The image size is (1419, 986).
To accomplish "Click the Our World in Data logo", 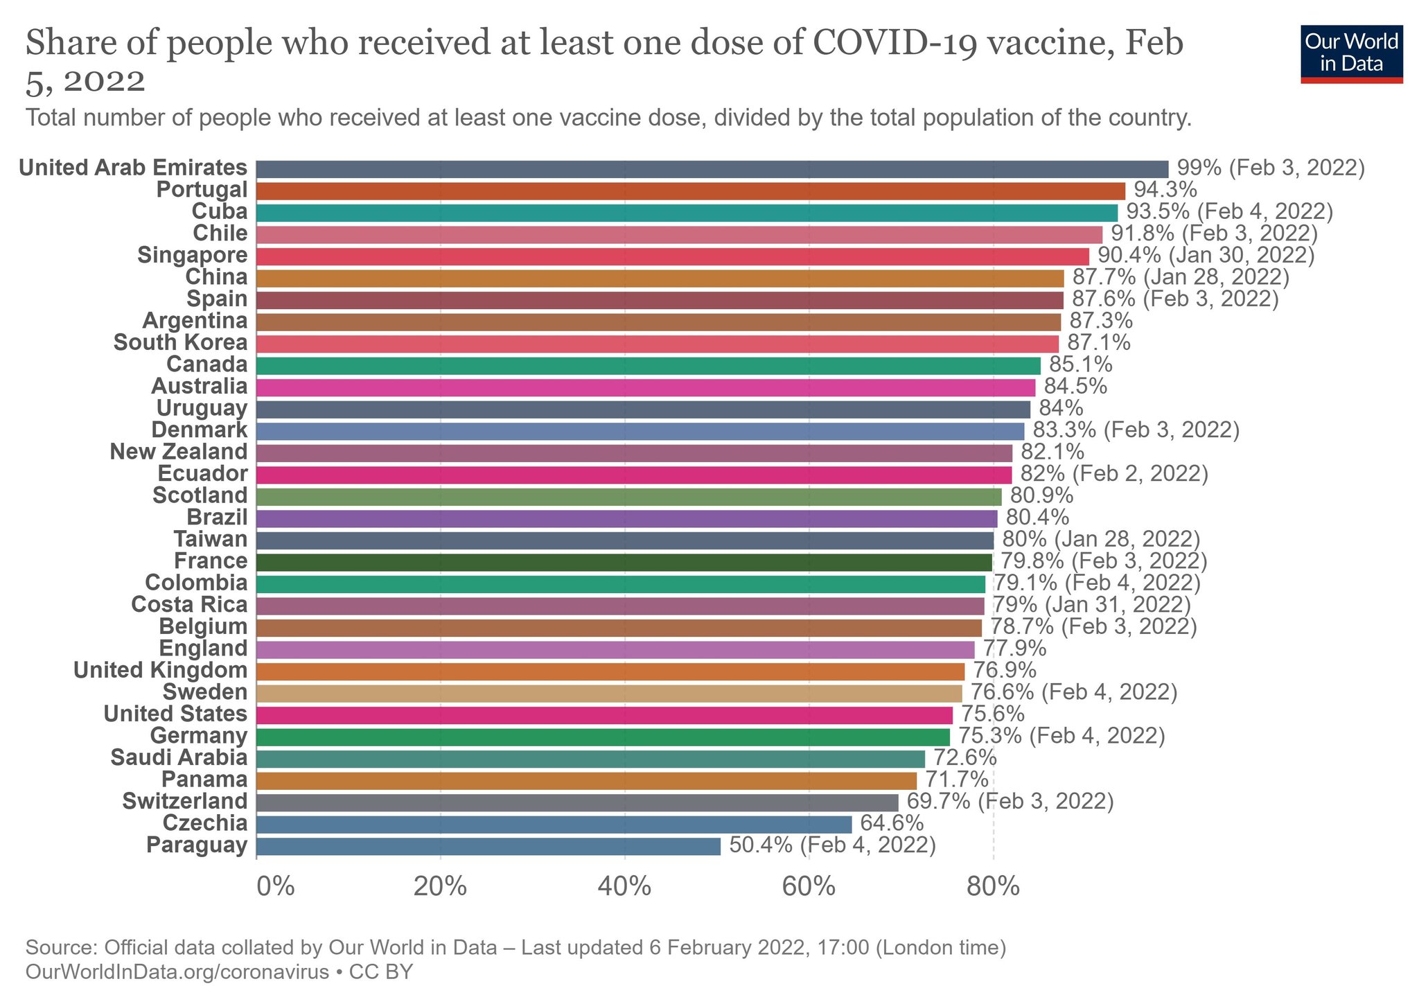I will [1351, 54].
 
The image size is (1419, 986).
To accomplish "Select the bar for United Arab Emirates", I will [712, 169].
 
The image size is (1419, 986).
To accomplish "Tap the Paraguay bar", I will [488, 846].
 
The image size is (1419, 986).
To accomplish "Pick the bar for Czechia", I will [553, 824].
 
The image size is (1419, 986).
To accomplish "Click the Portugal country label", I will [202, 190].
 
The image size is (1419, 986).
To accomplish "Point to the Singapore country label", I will [192, 255].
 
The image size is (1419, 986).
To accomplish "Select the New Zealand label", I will [178, 452].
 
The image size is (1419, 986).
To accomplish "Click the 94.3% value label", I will [1165, 190].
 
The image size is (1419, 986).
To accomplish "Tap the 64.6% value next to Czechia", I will [892, 823].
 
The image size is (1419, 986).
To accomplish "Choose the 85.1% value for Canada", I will [1080, 364].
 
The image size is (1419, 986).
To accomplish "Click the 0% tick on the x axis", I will [275, 886].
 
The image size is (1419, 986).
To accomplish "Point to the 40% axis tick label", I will [624, 886].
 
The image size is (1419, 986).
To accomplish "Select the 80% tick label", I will [993, 886].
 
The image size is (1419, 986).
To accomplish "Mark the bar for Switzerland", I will [576, 802].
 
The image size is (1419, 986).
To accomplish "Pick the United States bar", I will [603, 715].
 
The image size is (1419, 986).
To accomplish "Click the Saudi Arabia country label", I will [179, 758].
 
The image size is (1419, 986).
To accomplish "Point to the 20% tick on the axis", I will [440, 886].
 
